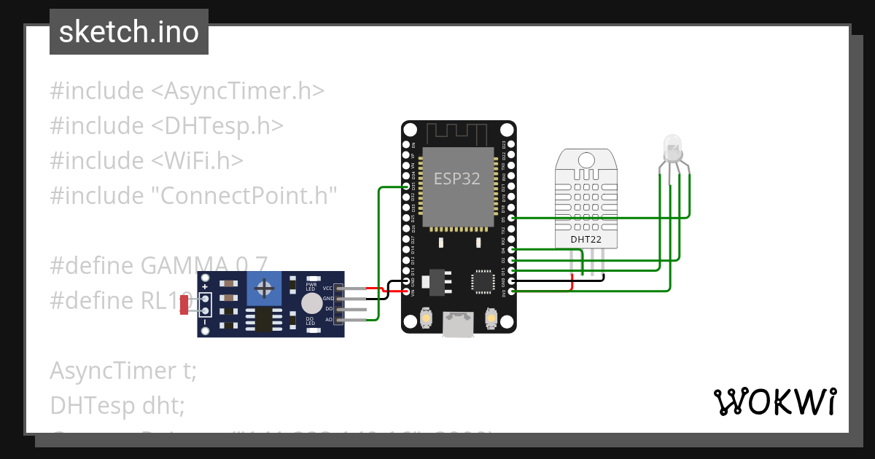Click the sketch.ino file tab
128,32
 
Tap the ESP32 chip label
457,178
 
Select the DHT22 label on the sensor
586,238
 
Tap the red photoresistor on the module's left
184,305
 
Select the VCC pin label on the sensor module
327,289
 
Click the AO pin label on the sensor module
328,319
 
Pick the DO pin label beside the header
328,309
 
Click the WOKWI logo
774,401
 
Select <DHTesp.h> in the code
217,126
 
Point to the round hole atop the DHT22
586,160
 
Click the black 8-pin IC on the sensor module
260,318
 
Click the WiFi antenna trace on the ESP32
457,133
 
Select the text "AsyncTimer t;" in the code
123,371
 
